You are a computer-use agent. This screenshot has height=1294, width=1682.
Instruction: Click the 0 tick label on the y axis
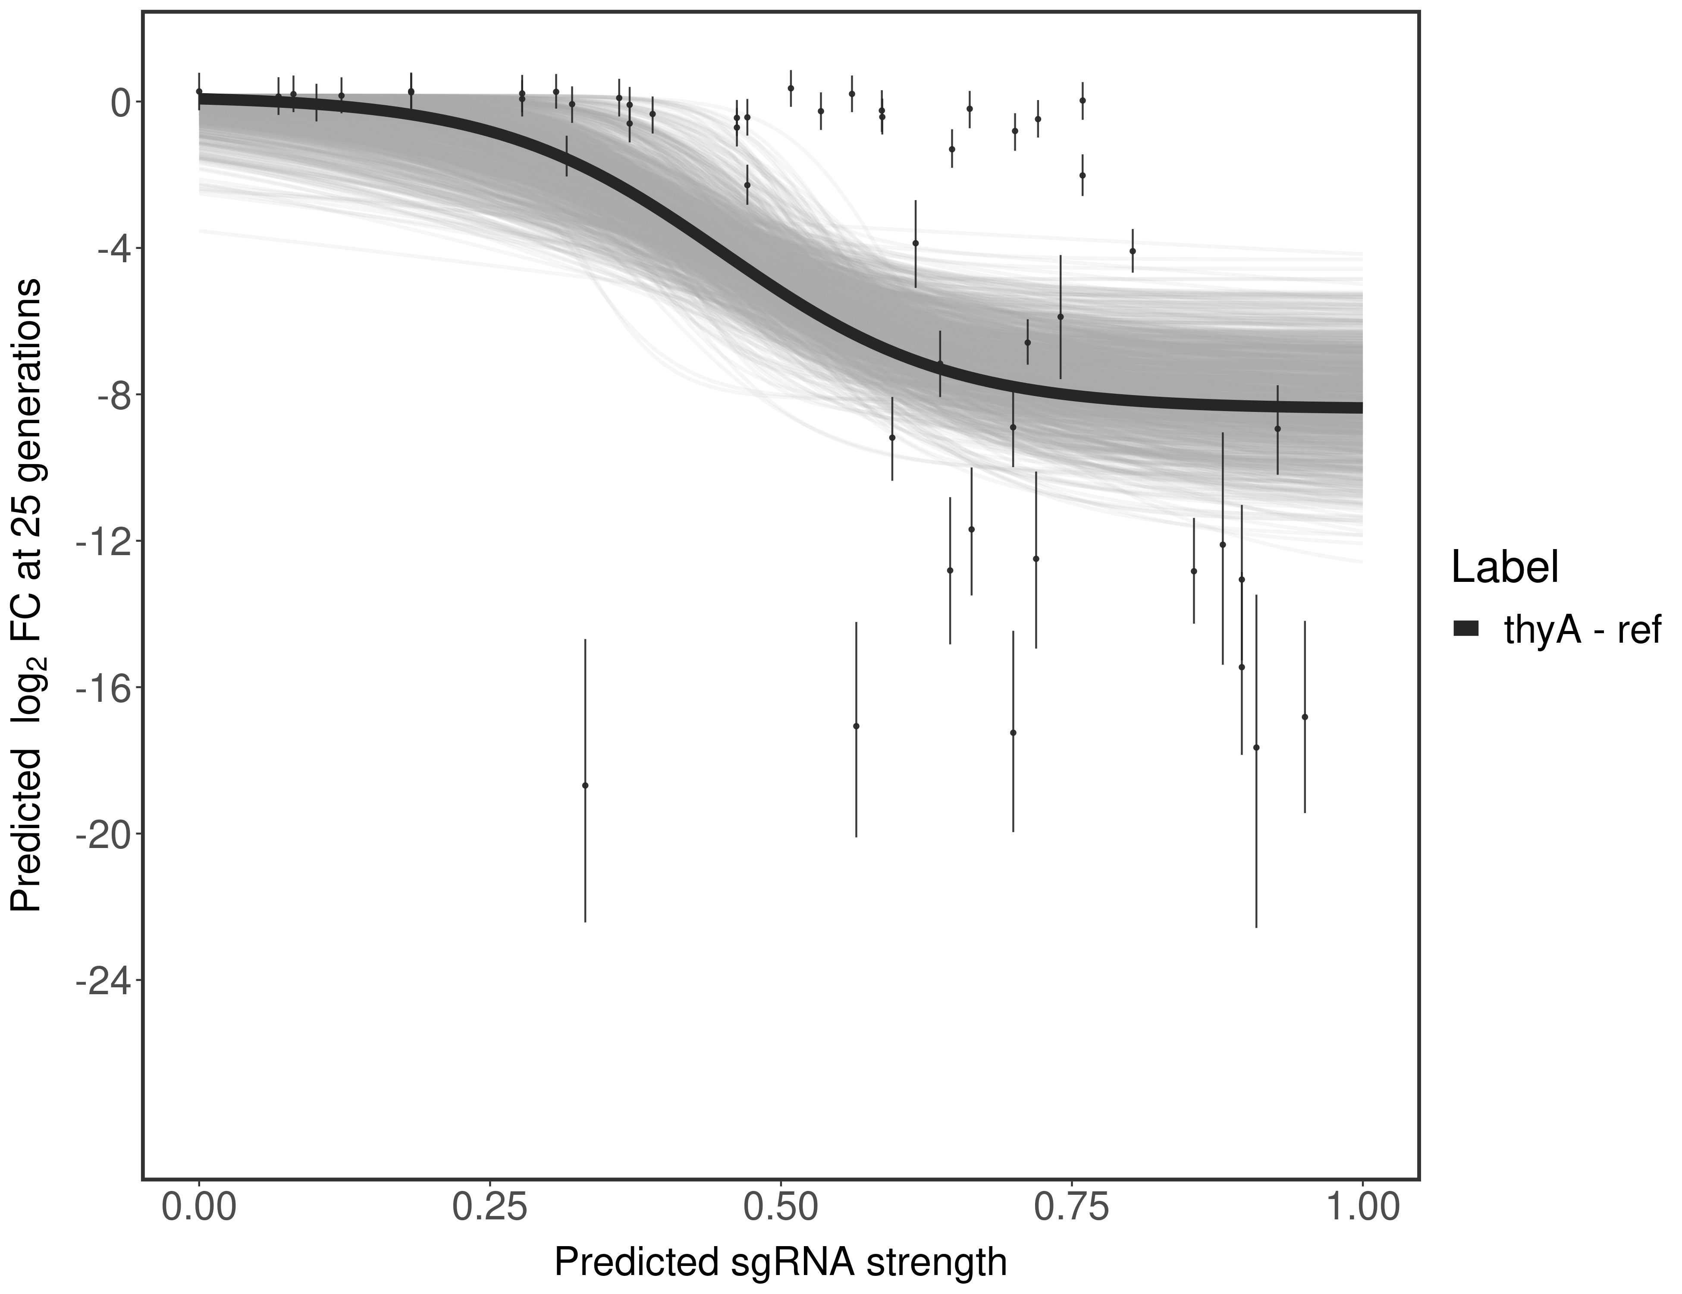point(121,103)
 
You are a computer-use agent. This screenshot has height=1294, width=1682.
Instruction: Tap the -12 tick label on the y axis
point(103,541)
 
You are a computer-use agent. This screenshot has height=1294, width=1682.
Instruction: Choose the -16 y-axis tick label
point(103,687)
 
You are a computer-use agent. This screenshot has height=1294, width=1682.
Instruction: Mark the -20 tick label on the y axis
point(103,833)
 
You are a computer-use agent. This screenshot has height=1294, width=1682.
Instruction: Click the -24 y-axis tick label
point(103,980)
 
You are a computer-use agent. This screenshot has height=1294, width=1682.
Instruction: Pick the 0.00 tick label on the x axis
point(199,1208)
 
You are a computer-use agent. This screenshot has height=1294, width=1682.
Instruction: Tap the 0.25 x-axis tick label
point(490,1208)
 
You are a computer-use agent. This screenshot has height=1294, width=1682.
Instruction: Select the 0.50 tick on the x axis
point(781,1208)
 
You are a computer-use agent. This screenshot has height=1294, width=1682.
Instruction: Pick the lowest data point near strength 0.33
point(585,785)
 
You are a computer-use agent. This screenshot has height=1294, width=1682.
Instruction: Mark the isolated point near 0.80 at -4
point(1132,250)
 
